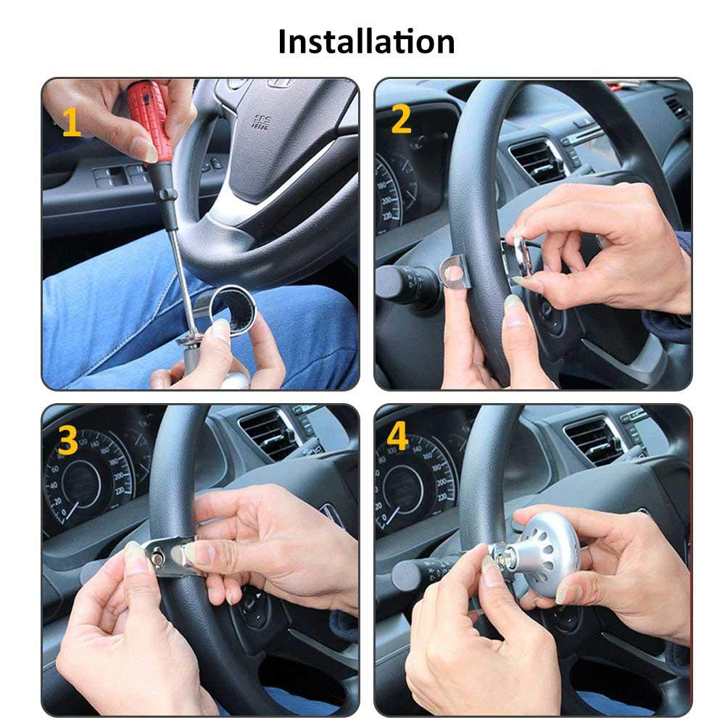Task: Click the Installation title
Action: pyautogui.click(x=366, y=41)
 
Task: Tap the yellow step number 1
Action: pyautogui.click(x=71, y=122)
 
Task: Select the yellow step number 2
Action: pyautogui.click(x=401, y=119)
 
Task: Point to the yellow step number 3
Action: pyautogui.click(x=68, y=440)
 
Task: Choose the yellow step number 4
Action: pyautogui.click(x=397, y=435)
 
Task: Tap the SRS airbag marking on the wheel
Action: pyautogui.click(x=261, y=122)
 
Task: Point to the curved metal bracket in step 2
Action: pyautogui.click(x=455, y=272)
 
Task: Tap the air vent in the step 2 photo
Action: pyautogui.click(x=536, y=160)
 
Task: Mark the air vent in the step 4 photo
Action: pyautogui.click(x=594, y=440)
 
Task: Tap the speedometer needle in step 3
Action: pyautogui.click(x=72, y=510)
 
